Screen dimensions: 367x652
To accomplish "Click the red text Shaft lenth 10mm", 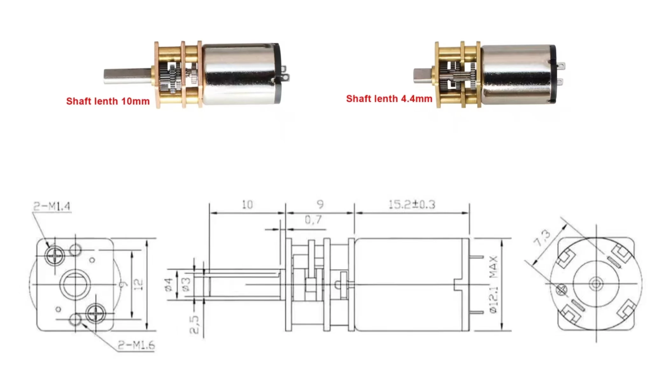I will click(x=108, y=101).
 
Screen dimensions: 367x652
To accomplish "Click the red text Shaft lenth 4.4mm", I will click(x=389, y=99).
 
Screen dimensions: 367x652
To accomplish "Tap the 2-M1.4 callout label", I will click(x=52, y=206).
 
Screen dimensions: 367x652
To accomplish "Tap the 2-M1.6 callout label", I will click(x=136, y=345).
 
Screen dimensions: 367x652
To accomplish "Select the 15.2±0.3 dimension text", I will click(x=412, y=205).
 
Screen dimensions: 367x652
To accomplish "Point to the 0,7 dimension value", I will click(x=313, y=220).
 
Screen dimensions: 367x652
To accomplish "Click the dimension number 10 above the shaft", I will click(x=247, y=205).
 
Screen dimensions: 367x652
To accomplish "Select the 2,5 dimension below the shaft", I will click(x=194, y=324).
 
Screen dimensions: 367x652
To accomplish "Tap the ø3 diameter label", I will click(x=186, y=284).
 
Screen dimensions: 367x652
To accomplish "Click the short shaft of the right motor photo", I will click(x=422, y=76).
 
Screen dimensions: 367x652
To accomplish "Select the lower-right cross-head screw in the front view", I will click(x=96, y=313).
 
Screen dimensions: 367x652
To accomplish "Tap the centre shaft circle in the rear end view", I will click(x=596, y=284).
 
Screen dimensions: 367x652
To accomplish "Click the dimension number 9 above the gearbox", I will click(x=320, y=205).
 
